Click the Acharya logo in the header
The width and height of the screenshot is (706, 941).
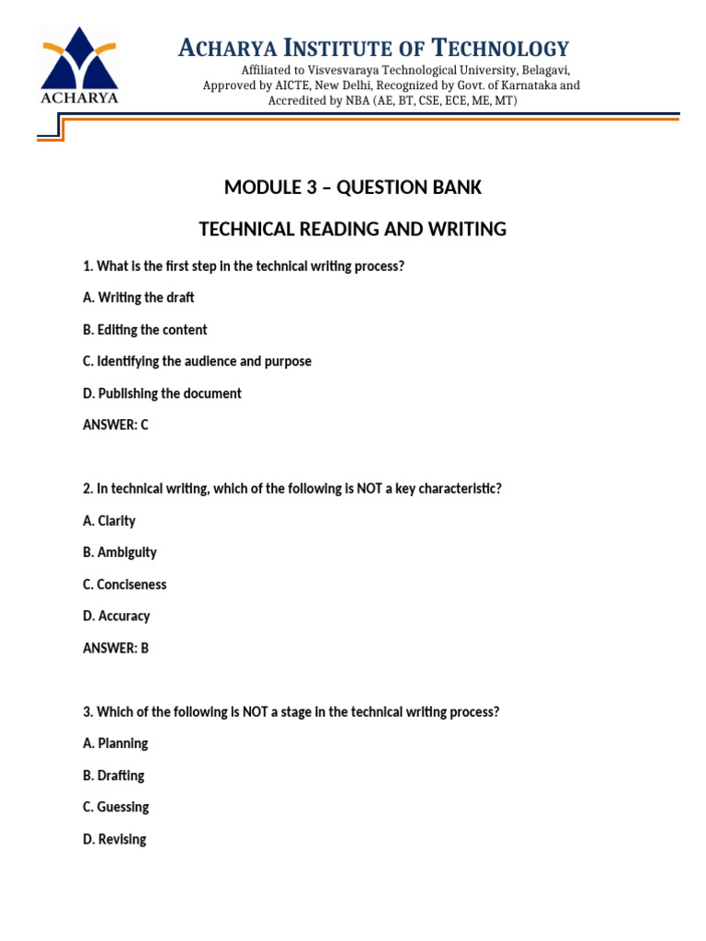click(x=78, y=66)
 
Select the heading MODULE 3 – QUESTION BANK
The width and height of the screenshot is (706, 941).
click(x=353, y=187)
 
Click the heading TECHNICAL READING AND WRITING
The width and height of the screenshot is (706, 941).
click(x=353, y=229)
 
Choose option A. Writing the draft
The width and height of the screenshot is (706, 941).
click(x=138, y=298)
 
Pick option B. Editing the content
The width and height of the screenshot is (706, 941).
click(x=144, y=330)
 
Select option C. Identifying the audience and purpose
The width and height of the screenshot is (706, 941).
click(x=197, y=361)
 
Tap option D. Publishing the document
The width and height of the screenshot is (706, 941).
click(x=162, y=393)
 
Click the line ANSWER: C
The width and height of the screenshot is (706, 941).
click(x=115, y=425)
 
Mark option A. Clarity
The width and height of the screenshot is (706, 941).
click(x=108, y=521)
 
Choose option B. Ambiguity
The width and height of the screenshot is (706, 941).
click(x=120, y=552)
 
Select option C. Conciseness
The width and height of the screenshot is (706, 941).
click(x=124, y=584)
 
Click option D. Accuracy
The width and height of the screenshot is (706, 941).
click(x=116, y=616)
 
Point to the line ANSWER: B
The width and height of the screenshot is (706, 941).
click(x=115, y=648)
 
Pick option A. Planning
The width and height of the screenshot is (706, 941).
click(x=115, y=743)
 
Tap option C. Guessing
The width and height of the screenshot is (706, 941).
click(x=116, y=807)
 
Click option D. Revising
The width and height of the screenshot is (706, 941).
click(x=114, y=839)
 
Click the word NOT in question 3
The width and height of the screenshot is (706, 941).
click(x=255, y=711)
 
